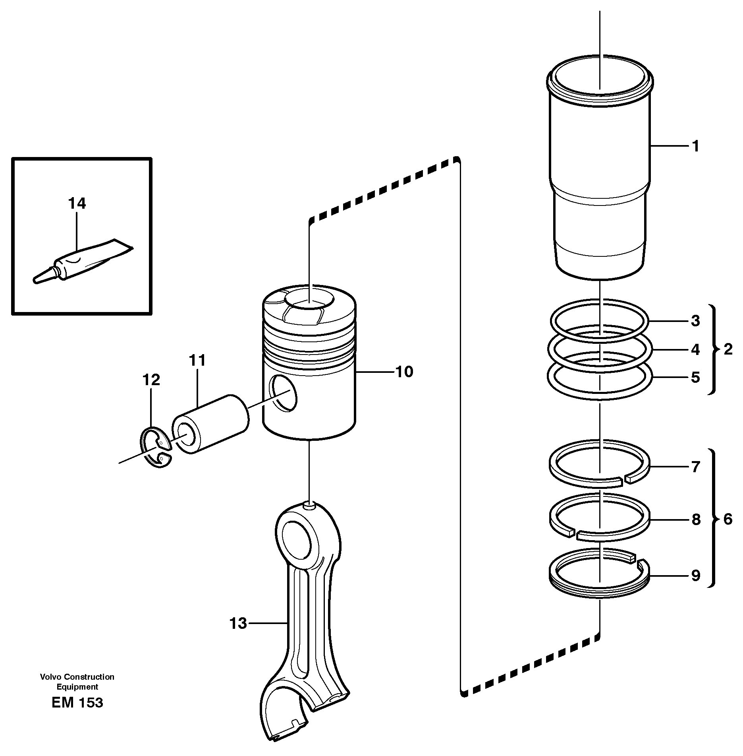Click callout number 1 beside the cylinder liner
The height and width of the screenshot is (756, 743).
695,147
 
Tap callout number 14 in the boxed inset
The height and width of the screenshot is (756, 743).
77,204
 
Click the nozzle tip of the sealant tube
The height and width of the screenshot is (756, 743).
38,280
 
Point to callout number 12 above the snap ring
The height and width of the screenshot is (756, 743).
151,380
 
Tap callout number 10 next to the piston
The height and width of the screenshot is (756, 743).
404,372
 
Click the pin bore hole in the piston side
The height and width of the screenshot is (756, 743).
283,393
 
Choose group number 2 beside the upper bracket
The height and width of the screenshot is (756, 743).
728,349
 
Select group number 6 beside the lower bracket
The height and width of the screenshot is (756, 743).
728,519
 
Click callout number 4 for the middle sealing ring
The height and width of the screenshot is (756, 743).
695,349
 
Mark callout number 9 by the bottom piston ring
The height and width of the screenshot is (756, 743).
695,575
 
